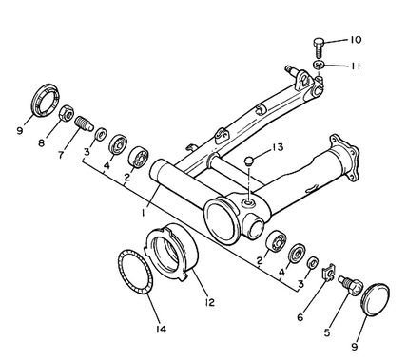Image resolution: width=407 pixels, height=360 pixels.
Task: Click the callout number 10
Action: (x=356, y=40)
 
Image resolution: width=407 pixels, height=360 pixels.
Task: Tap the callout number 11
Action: (x=355, y=66)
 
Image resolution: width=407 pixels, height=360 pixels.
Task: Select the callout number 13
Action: (x=278, y=147)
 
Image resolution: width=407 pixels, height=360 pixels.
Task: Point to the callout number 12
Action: (x=209, y=302)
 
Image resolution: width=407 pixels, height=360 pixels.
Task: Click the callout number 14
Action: (x=161, y=330)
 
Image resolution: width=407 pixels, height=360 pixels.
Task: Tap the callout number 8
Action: (x=42, y=143)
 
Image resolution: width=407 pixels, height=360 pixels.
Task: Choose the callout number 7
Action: (x=61, y=155)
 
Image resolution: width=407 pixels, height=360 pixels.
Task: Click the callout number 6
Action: (x=300, y=317)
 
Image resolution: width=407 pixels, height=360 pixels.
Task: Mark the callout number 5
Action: (x=327, y=332)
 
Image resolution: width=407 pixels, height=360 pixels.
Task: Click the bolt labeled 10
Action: (x=319, y=47)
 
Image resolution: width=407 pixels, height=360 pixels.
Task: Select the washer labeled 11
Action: (x=319, y=66)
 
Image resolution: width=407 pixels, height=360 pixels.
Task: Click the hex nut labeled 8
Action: (x=67, y=113)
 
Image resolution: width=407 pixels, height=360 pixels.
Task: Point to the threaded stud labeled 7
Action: (x=85, y=123)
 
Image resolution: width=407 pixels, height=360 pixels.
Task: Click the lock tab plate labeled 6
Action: (x=329, y=272)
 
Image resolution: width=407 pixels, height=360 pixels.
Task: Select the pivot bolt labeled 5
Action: (x=351, y=285)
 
